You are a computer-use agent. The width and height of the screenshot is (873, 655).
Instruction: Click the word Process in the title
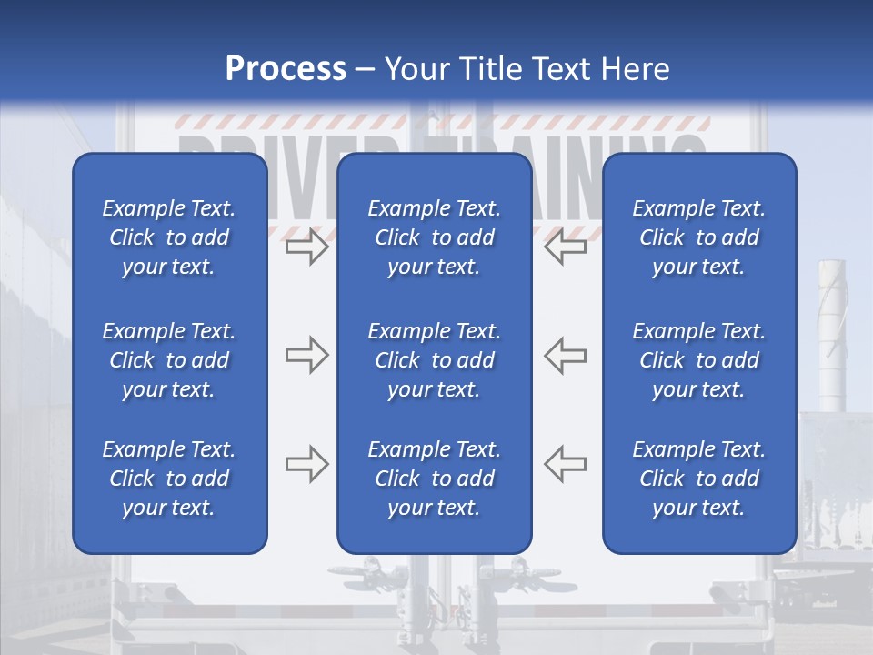286,69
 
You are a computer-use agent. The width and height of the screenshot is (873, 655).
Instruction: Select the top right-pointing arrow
306,247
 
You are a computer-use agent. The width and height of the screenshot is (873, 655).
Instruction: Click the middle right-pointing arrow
306,355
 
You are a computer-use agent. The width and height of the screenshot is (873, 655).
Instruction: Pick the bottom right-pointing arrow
306,464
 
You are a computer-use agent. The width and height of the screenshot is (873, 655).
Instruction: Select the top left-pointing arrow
566,247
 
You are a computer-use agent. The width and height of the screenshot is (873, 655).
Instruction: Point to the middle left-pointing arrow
566,355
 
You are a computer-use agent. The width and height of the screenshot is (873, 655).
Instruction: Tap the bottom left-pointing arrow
566,464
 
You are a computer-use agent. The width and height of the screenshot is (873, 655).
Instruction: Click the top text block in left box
169,237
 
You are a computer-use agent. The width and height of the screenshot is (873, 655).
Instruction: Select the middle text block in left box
169,360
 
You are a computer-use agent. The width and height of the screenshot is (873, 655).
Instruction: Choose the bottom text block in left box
169,479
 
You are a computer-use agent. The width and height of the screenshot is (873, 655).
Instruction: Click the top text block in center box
434,237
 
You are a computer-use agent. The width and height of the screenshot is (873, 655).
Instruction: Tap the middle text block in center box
434,360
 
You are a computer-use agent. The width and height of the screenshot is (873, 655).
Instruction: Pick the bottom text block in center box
434,479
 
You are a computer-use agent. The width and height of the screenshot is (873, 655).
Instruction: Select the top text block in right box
698,237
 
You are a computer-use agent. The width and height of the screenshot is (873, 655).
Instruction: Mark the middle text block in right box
698,360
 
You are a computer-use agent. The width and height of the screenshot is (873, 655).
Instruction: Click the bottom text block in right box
698,479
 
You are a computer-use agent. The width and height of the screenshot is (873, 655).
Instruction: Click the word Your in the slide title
416,69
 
